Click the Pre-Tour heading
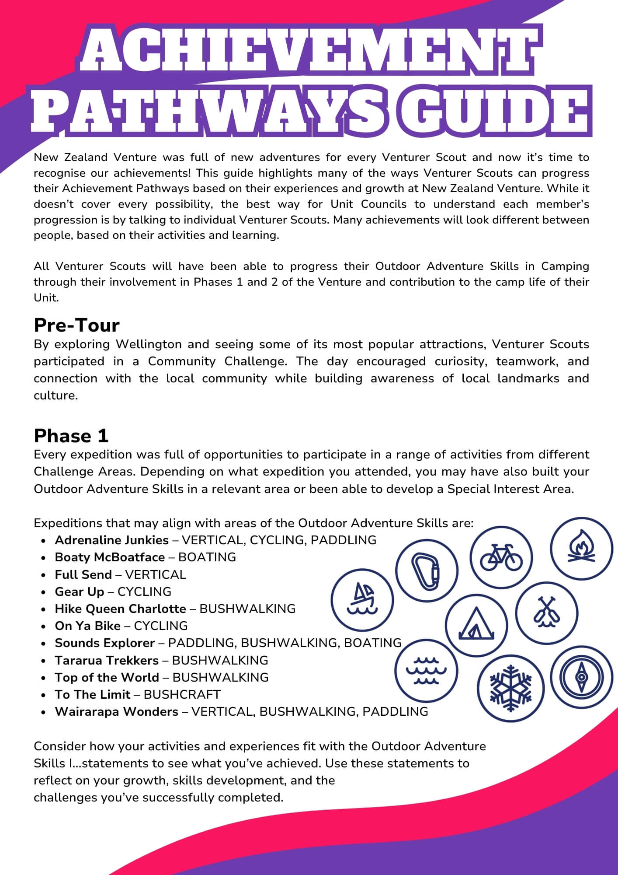pyautogui.click(x=76, y=325)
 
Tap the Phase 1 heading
pyautogui.click(x=71, y=436)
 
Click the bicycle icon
pyautogui.click(x=501, y=557)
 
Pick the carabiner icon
pyautogui.click(x=427, y=570)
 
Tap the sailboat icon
pyautogui.click(x=362, y=599)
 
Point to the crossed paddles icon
pyautogui.click(x=547, y=612)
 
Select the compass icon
pyautogui.click(x=581, y=677)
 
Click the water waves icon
pyautogui.click(x=426, y=670)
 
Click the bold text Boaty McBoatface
pyautogui.click(x=110, y=557)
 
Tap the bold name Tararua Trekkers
pyautogui.click(x=107, y=660)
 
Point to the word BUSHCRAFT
pyautogui.click(x=182, y=694)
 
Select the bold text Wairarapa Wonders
pyautogui.click(x=116, y=711)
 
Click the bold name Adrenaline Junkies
pyautogui.click(x=111, y=540)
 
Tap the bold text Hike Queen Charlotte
pyautogui.click(x=120, y=609)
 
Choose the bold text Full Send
pyautogui.click(x=83, y=574)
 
